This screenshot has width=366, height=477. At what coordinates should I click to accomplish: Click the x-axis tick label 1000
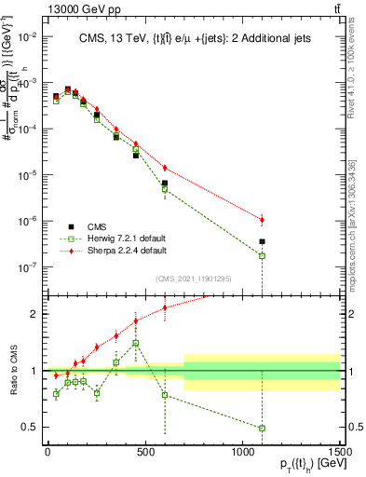242,452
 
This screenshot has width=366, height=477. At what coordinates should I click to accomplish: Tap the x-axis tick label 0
47,452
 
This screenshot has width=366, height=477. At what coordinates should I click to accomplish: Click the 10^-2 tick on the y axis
27,36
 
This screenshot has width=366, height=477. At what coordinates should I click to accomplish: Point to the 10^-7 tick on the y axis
27,266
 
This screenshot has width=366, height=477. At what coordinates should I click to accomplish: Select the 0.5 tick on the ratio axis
31,428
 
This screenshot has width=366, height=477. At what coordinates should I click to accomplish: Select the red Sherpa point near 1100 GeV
263,220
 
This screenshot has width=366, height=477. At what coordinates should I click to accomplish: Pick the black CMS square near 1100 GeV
263,241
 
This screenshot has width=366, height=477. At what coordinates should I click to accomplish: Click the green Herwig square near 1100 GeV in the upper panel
263,255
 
